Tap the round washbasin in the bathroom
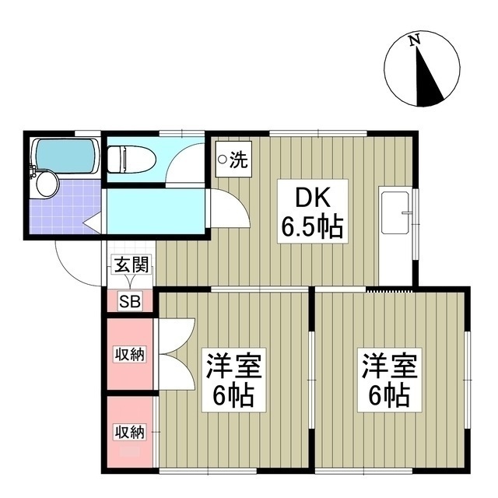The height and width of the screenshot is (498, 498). coord(46,184)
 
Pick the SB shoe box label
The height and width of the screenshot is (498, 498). coord(129,302)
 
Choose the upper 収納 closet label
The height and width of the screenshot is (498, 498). coord(130,355)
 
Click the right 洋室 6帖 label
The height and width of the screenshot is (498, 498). coord(389,379)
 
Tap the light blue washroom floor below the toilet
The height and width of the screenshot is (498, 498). coord(156,210)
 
